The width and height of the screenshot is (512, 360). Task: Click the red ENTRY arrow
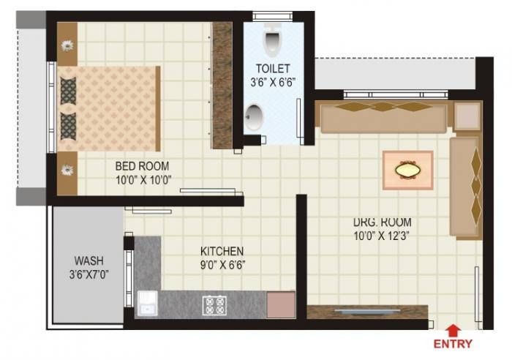(x=453, y=330)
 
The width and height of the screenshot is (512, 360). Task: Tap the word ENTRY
(x=453, y=344)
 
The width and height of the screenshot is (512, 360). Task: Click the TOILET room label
(x=272, y=68)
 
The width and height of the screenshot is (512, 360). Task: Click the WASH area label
(x=89, y=260)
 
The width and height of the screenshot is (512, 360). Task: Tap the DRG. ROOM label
(x=382, y=222)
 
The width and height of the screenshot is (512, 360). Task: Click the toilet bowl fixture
(x=271, y=42)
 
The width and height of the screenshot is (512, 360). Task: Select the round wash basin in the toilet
(x=255, y=117)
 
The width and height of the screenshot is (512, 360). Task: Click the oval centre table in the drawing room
(x=407, y=170)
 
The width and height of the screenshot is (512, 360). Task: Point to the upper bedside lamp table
(x=67, y=45)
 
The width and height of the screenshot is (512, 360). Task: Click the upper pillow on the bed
(x=68, y=89)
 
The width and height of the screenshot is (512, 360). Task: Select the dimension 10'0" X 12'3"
(x=382, y=236)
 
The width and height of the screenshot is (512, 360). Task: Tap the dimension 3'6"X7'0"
(x=89, y=274)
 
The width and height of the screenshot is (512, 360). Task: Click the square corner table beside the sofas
(x=465, y=116)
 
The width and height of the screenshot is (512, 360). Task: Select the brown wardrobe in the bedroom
(x=222, y=86)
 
